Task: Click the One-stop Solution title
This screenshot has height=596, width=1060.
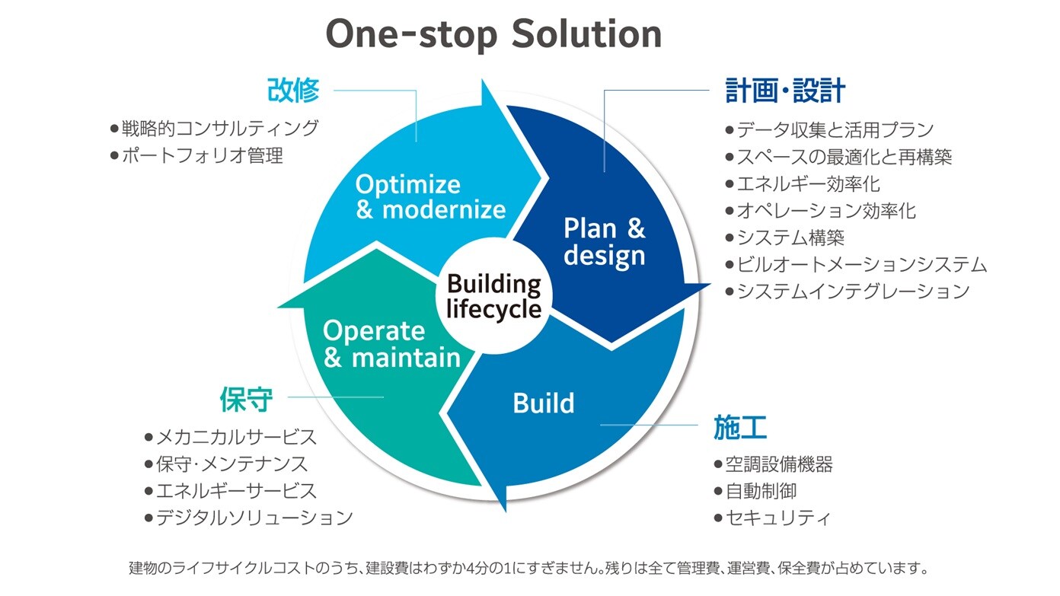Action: (493, 33)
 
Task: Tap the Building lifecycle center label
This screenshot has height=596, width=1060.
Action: (493, 297)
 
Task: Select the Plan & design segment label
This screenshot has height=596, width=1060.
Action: (604, 241)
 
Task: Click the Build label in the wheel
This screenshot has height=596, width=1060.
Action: (543, 403)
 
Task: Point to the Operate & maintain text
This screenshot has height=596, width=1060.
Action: (391, 343)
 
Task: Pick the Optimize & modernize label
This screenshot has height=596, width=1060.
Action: (430, 196)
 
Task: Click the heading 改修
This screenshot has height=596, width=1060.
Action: (292, 91)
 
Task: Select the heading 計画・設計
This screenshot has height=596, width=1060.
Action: (785, 91)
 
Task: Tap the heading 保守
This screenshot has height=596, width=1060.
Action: (246, 398)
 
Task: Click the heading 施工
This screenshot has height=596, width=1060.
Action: (739, 428)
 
